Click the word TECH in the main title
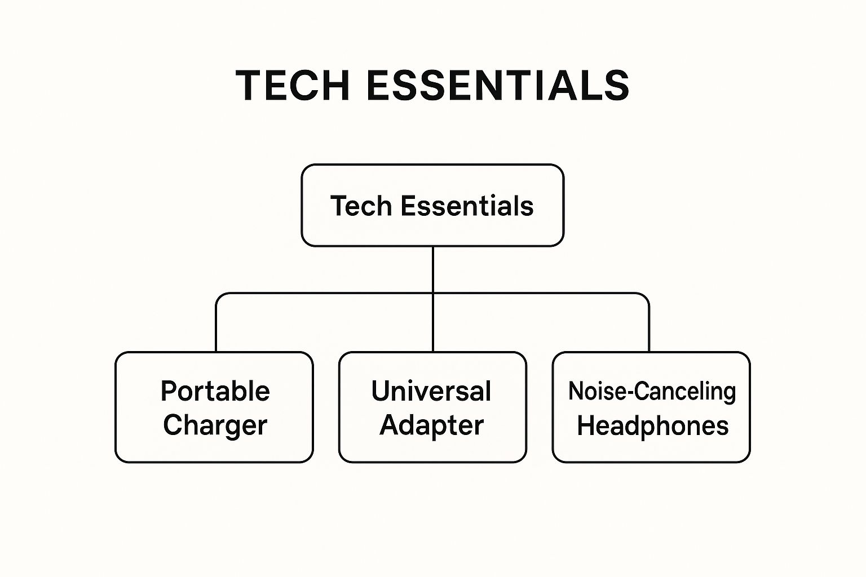pyautogui.click(x=293, y=86)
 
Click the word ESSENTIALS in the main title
pyautogui.click(x=498, y=86)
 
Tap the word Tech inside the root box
pyautogui.click(x=361, y=206)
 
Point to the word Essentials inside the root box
pyautogui.click(x=467, y=206)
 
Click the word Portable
pyautogui.click(x=215, y=391)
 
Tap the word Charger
pyautogui.click(x=215, y=425)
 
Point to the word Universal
pyautogui.click(x=431, y=391)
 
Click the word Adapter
pyautogui.click(x=431, y=425)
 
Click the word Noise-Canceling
pyautogui.click(x=652, y=392)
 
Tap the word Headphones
pyautogui.click(x=652, y=426)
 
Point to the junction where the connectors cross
pyautogui.click(x=433, y=294)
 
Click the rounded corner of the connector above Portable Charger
pyautogui.click(x=219, y=296)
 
